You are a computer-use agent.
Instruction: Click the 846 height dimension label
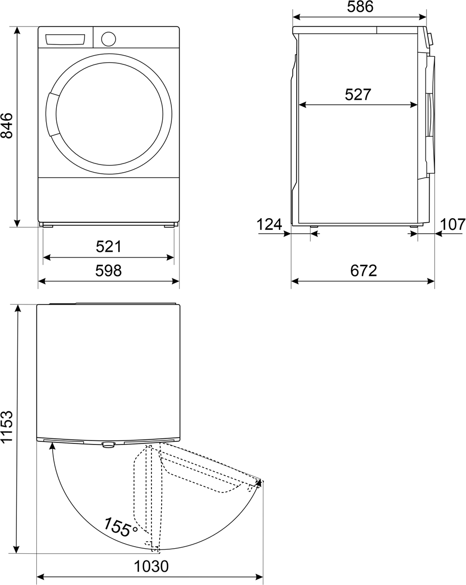(x=7, y=125)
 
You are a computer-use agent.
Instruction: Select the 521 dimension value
(x=108, y=247)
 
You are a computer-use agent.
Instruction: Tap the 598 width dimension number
(x=108, y=270)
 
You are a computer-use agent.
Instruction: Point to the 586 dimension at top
(x=360, y=7)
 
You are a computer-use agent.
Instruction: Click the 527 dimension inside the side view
(x=358, y=95)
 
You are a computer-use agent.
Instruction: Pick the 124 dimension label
(x=269, y=225)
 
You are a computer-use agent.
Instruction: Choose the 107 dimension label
(x=453, y=225)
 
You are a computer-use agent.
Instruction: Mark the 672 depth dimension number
(x=364, y=270)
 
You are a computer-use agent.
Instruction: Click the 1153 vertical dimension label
(x=7, y=427)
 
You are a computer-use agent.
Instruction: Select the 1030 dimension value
(x=151, y=566)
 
